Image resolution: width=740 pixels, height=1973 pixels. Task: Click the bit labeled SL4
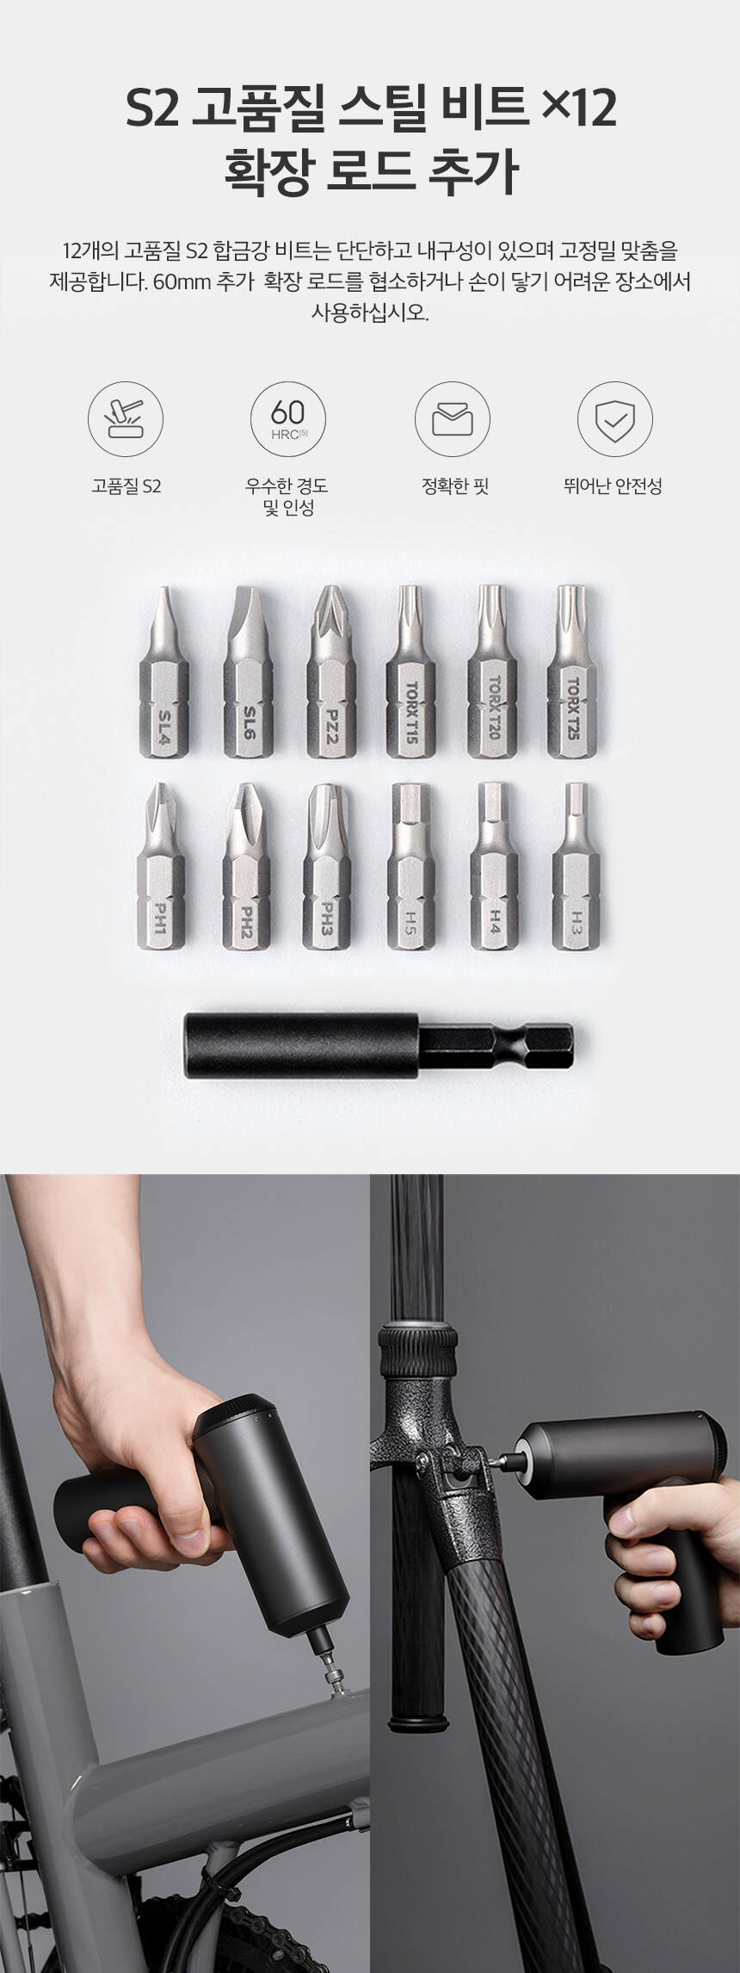(163, 672)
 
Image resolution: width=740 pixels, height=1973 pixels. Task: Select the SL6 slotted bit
(248, 672)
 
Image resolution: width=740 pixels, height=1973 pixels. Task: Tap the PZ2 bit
(331, 672)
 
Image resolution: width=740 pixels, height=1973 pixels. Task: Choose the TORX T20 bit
(493, 672)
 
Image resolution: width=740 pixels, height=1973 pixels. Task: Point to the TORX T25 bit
(573, 672)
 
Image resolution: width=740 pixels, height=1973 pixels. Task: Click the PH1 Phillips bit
(161, 866)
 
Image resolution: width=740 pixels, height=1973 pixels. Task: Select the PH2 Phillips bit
(247, 866)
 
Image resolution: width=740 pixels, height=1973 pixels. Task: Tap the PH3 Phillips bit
(328, 866)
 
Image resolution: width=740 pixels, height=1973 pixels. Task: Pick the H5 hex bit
(411, 866)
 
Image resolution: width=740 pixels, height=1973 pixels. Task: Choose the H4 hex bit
(494, 866)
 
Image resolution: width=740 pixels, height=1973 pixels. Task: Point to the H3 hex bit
(576, 866)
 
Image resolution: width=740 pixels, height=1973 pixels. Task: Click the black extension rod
(379, 1044)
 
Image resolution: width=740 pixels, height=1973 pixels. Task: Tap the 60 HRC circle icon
(288, 420)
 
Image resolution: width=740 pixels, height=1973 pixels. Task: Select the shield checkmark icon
(614, 419)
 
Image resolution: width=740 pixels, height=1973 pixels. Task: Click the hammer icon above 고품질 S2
(126, 420)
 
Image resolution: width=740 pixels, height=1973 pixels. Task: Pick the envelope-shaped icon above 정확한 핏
(453, 420)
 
